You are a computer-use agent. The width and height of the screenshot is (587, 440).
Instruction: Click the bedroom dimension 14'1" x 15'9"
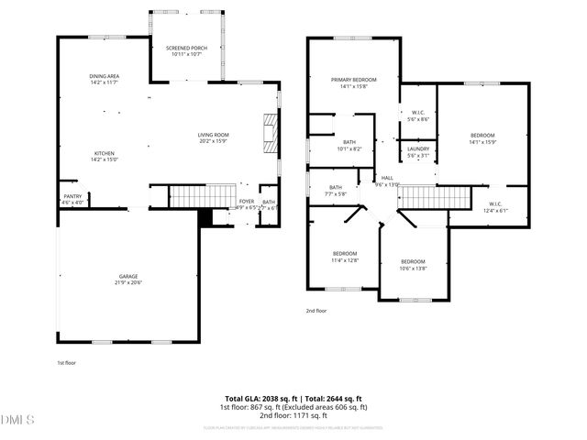(x=482, y=142)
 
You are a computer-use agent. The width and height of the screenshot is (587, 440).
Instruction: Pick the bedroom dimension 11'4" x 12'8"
(x=345, y=260)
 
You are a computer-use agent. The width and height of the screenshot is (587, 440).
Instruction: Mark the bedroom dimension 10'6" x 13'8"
(x=414, y=268)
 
